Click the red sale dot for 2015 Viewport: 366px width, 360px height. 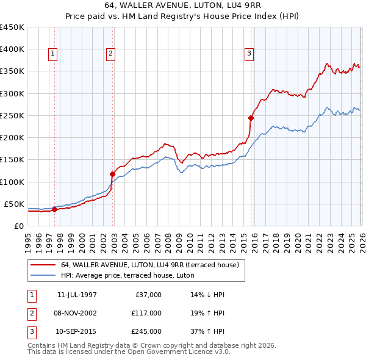point(251,118)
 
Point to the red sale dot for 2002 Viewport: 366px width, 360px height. point(113,174)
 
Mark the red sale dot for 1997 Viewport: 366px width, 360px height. point(55,209)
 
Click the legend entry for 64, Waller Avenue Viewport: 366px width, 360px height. point(152,265)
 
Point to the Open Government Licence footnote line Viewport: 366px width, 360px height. point(129,353)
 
